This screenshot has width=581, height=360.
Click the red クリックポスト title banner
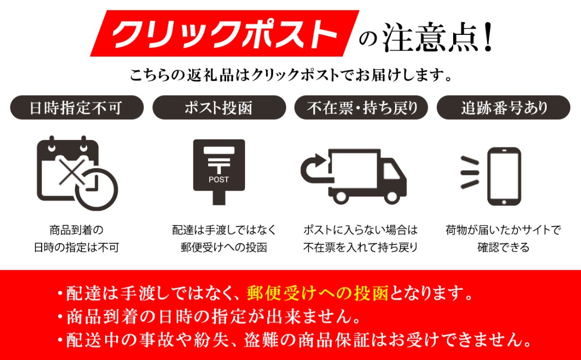pos(224,33)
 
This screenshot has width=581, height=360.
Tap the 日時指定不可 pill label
pos(77,108)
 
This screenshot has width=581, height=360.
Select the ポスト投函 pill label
pos(219,108)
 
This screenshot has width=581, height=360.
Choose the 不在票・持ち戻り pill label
pos(361,108)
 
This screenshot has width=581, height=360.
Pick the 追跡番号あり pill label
pos(503,108)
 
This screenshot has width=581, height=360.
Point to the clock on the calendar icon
pos(96,190)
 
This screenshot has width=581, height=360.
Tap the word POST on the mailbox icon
pos(219,179)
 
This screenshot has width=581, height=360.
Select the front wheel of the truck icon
pos(390,196)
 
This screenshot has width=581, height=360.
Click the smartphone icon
pos(504,176)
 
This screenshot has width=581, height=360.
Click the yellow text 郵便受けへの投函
pos(317,293)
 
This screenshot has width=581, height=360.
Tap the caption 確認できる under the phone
pos(503,247)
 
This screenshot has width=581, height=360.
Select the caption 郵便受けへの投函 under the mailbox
pos(224,247)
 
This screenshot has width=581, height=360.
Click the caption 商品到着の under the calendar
pos(77,230)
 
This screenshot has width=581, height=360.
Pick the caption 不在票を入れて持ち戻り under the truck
pos(361,247)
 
